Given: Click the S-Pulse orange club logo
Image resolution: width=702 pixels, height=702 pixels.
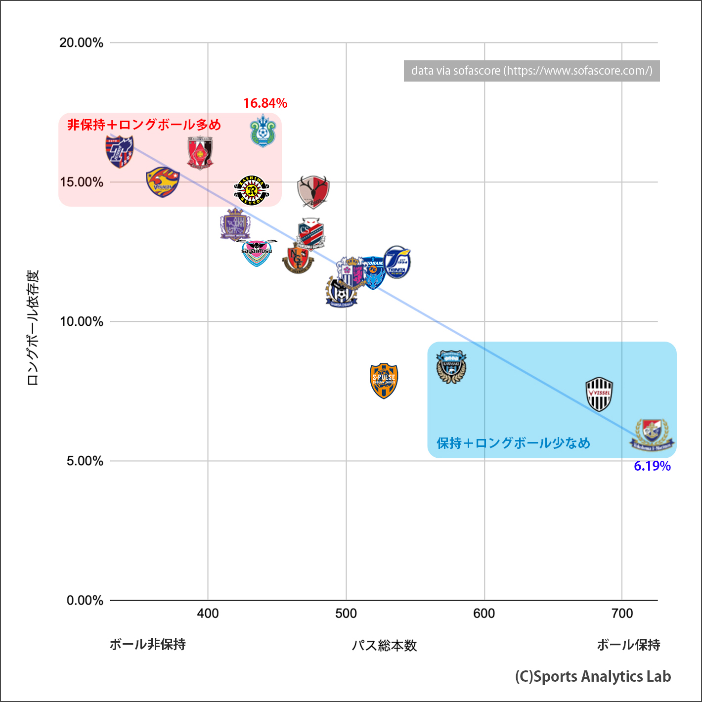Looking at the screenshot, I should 384,381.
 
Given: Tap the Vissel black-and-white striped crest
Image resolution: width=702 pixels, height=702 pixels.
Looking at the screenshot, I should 599,394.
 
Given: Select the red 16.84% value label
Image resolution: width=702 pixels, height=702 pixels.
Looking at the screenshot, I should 265,103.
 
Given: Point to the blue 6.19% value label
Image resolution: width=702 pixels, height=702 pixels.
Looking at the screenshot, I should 652,466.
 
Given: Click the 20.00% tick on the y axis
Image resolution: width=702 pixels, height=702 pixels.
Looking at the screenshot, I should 82,43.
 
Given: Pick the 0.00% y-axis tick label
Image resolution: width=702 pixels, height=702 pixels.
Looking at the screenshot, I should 85,600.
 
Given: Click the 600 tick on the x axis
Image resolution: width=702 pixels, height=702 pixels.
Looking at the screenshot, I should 484,614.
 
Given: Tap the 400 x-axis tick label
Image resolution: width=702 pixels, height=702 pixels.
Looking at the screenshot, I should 208,614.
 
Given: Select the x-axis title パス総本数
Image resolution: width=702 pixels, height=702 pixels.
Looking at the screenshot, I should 384,645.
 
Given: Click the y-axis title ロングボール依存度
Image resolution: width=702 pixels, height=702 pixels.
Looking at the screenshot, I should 33,327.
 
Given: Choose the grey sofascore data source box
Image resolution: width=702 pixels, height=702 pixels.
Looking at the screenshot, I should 531,71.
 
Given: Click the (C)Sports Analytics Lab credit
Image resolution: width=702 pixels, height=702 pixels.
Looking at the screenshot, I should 593,676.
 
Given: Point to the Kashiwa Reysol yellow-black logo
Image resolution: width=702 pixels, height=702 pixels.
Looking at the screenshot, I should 252,190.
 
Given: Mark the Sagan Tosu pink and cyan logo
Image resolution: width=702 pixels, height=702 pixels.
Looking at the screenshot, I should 257,253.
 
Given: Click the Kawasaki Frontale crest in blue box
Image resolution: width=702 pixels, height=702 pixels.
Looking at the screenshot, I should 451,367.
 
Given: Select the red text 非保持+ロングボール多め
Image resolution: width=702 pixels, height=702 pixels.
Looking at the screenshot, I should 144,125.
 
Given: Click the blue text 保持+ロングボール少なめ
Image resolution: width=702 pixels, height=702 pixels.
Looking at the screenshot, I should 513,443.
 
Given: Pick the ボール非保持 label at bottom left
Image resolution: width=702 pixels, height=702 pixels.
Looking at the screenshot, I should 147,644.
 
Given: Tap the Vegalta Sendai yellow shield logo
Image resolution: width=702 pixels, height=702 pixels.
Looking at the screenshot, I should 162,182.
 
